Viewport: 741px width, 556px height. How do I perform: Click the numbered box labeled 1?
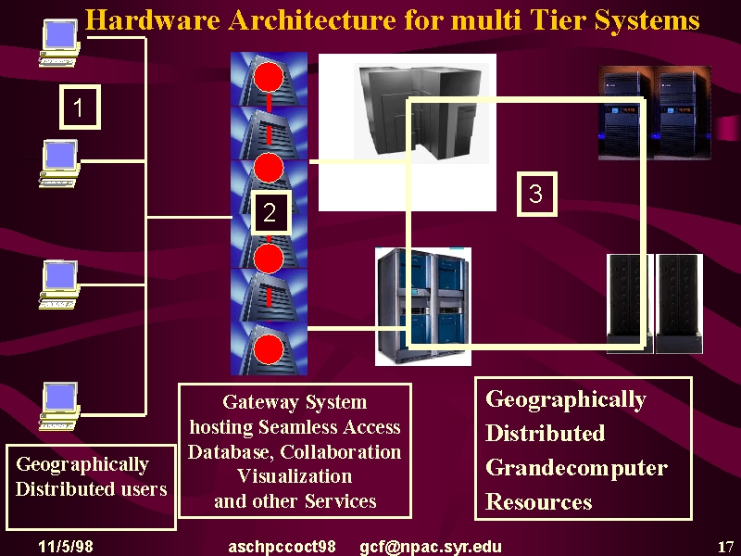[80, 107]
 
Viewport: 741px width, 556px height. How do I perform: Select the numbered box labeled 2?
[270, 212]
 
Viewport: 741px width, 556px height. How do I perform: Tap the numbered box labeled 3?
[537, 194]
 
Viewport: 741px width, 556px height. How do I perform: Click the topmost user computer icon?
[59, 43]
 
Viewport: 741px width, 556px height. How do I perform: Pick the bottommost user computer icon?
[59, 406]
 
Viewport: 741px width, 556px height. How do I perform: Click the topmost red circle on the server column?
[269, 76]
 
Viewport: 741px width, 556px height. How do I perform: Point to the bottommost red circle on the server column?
[269, 349]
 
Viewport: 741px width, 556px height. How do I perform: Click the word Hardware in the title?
[153, 20]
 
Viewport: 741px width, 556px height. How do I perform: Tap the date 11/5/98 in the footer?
[66, 547]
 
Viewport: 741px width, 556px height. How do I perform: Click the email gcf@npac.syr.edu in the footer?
[431, 547]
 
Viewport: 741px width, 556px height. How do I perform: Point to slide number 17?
[725, 547]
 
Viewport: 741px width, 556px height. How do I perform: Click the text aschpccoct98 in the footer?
[282, 547]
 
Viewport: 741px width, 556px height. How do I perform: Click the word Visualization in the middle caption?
[295, 475]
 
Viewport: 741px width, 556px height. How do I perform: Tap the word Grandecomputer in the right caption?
[576, 468]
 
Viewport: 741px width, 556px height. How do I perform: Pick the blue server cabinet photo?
[423, 307]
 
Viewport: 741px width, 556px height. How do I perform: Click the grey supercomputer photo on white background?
[408, 133]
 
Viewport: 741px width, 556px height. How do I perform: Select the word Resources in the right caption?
[539, 501]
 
